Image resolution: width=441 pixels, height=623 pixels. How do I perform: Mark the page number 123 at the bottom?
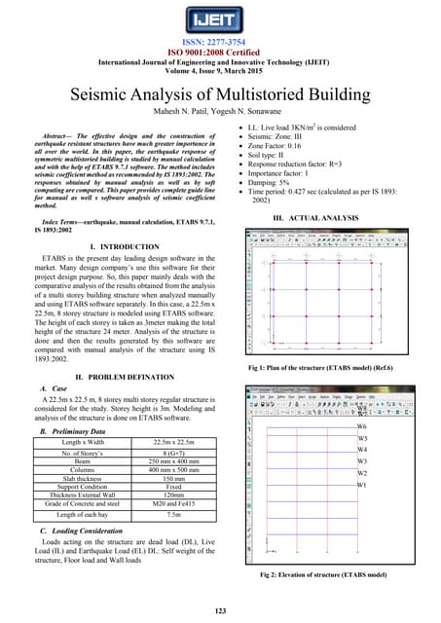[220, 609]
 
